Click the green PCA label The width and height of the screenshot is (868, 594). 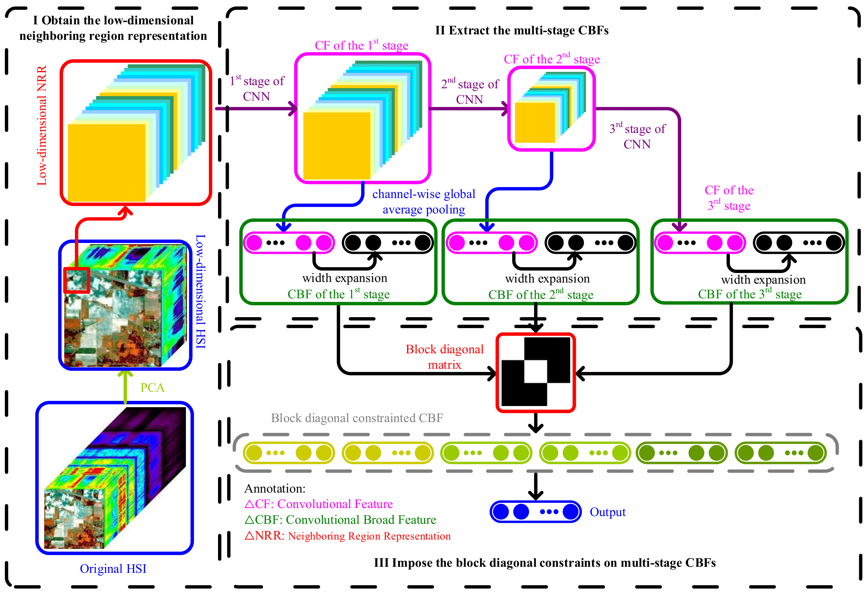pos(152,387)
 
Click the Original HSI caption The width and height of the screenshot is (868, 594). pos(113,568)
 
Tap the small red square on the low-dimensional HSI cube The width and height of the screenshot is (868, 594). pos(76,280)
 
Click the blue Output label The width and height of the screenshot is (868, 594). pos(607,512)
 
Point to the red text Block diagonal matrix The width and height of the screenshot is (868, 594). pos(445,357)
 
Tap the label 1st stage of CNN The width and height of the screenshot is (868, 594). pos(257,89)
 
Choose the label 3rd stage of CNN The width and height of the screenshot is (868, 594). pos(637,136)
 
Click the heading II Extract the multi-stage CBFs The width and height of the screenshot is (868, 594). pos(522,30)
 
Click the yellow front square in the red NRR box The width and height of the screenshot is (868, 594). pos(107,162)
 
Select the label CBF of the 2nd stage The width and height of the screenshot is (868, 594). pos(541,295)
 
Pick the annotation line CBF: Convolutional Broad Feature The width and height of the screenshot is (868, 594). pos(340,520)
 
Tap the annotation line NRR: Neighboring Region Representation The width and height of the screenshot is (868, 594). pos(347,536)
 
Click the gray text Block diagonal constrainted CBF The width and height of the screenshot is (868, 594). pos(357,418)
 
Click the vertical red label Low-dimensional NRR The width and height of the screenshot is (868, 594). pos(42,125)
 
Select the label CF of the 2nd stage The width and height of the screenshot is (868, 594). pos(552,59)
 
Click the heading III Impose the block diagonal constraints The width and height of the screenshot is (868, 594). pos(545,562)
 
